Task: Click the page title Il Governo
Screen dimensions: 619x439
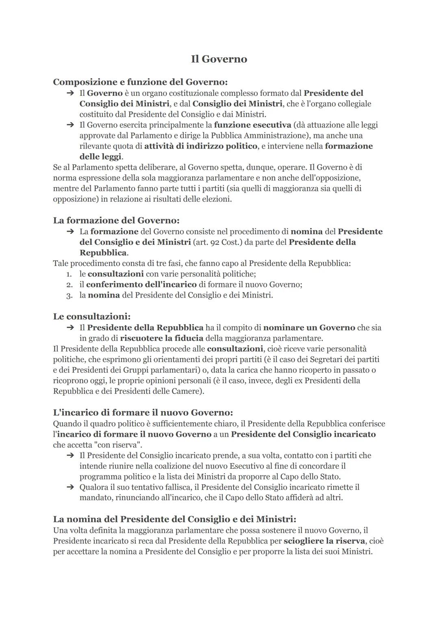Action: pyautogui.click(x=219, y=59)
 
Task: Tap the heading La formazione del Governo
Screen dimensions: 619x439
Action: pyautogui.click(x=116, y=220)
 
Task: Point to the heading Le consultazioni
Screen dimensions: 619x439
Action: pyautogui.click(x=92, y=316)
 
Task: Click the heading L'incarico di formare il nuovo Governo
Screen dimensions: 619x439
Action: pyautogui.click(x=143, y=413)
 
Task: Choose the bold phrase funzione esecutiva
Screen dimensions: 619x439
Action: pyautogui.click(x=252, y=125)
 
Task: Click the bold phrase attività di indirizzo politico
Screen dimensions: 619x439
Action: pyautogui.click(x=201, y=146)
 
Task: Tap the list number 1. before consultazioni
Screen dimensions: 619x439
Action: pyautogui.click(x=70, y=274)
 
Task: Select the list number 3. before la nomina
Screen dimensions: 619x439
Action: pyautogui.click(x=70, y=295)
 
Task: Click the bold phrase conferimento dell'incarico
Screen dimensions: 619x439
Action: pyautogui.click(x=141, y=285)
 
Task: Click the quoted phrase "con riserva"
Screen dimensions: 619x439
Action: pyautogui.click(x=120, y=445)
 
